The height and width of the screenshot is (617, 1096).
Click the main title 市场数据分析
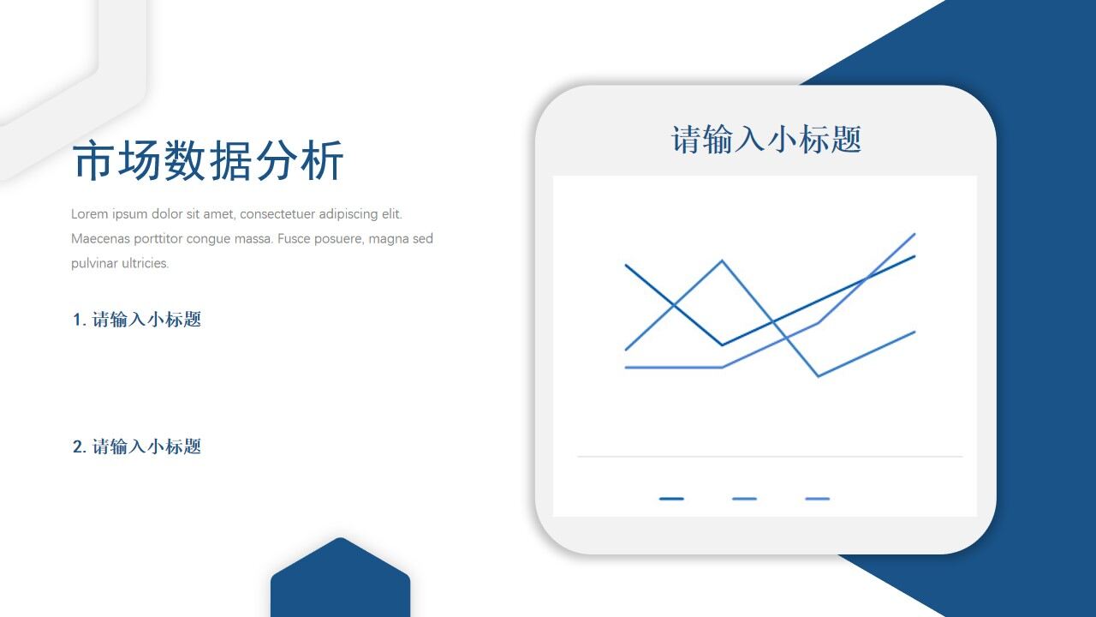pyautogui.click(x=208, y=161)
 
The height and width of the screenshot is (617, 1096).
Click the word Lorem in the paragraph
pyautogui.click(x=90, y=214)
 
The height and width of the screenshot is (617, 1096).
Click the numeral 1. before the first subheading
pyautogui.click(x=79, y=320)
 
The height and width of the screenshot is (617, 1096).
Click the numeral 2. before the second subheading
pyautogui.click(x=79, y=446)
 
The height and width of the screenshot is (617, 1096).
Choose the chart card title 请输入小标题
pyautogui.click(x=765, y=140)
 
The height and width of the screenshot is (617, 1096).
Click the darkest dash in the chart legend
pyautogui.click(x=671, y=498)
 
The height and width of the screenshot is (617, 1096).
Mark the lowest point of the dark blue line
pyautogui.click(x=723, y=345)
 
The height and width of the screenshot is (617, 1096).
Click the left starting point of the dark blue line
pyautogui.click(x=626, y=265)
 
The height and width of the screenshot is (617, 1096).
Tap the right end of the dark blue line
pyautogui.click(x=914, y=256)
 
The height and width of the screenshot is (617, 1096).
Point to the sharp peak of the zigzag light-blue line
pyautogui.click(x=723, y=261)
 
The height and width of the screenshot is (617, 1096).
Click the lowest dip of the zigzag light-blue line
pyautogui.click(x=819, y=376)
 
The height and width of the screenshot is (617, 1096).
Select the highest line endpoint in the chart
pyautogui.click(x=914, y=234)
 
